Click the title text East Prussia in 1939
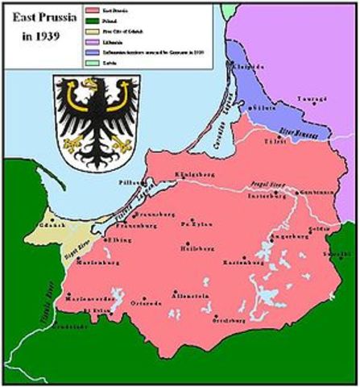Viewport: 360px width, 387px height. [x=40, y=25]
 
